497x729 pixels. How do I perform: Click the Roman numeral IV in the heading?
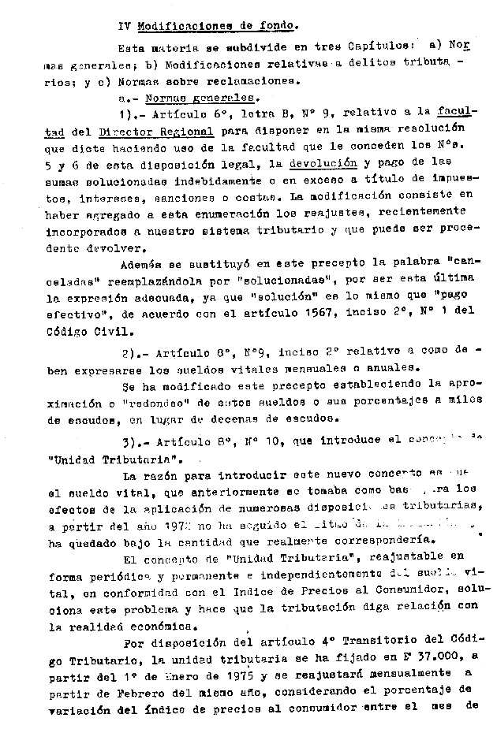click(124, 25)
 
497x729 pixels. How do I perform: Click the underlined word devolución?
click(327, 165)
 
